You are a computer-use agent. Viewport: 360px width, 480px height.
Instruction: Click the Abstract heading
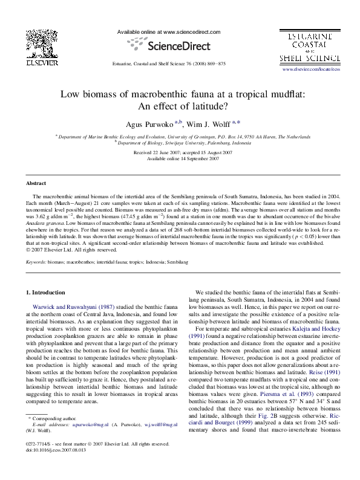click(x=36, y=183)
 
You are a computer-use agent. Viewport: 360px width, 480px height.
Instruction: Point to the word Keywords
click(x=36, y=262)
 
